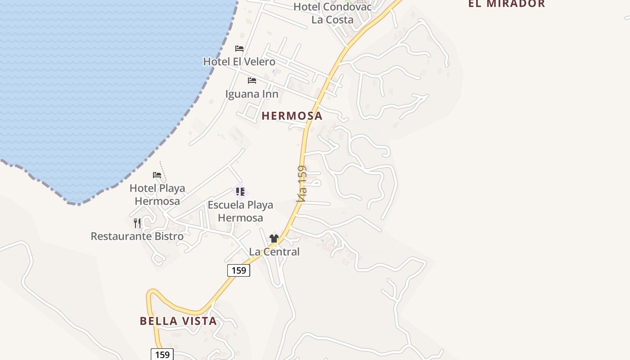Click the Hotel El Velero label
coord(239,62)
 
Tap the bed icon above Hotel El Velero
coord(239,49)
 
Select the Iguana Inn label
coord(252,94)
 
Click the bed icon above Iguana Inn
coord(252,81)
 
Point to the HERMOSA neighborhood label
coord(292,116)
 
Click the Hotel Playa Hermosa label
coord(157,194)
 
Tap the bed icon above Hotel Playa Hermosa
coord(157,175)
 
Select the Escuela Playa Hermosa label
coord(240,211)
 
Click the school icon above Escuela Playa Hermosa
coord(240,192)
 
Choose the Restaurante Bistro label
coord(137,236)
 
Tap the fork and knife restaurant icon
coord(137,223)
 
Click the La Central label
coord(274,252)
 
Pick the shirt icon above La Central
coord(274,238)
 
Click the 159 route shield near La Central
coord(238,270)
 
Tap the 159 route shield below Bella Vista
coord(162,355)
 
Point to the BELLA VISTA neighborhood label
coord(178,321)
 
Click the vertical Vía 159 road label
coord(302,184)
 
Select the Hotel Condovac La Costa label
coord(333,13)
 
